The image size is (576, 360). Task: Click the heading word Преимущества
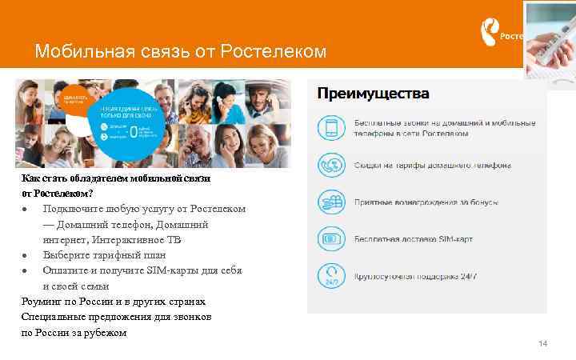(x=373, y=94)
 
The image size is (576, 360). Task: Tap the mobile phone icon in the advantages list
(x=330, y=129)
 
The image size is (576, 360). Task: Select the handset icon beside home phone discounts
(x=330, y=166)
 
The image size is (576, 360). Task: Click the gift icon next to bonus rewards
(x=330, y=202)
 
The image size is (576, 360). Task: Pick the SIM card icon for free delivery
(x=330, y=239)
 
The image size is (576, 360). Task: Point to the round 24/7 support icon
(x=330, y=277)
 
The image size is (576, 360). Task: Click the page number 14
(x=543, y=343)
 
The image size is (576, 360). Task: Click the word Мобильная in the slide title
(x=72, y=52)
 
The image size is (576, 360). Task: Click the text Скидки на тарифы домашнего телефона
(x=433, y=166)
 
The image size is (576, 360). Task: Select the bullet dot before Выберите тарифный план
(x=26, y=256)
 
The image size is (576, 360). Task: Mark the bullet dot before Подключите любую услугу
(x=26, y=210)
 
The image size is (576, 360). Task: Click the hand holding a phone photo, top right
(x=550, y=40)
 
